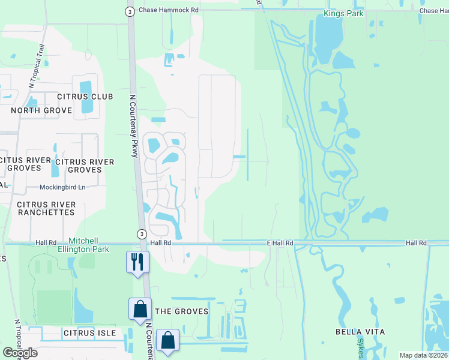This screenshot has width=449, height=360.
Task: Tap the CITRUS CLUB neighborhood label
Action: coord(81,97)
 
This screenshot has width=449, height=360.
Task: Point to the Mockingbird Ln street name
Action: coord(62,187)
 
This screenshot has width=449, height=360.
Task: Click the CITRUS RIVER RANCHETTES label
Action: coord(46,209)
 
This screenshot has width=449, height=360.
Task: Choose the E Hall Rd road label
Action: coord(280,243)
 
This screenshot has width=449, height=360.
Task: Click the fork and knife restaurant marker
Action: coord(137,262)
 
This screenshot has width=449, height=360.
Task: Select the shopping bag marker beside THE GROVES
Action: coord(140,310)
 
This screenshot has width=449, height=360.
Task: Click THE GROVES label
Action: coord(182,311)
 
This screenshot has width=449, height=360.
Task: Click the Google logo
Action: coord(20,352)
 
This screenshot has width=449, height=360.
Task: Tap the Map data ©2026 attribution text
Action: coord(423,355)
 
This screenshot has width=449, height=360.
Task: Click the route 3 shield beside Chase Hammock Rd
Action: coord(130,11)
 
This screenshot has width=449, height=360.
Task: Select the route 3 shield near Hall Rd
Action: coord(141,233)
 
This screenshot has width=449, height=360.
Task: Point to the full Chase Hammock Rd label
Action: coord(168,10)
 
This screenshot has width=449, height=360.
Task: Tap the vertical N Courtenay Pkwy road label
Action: coord(134,126)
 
